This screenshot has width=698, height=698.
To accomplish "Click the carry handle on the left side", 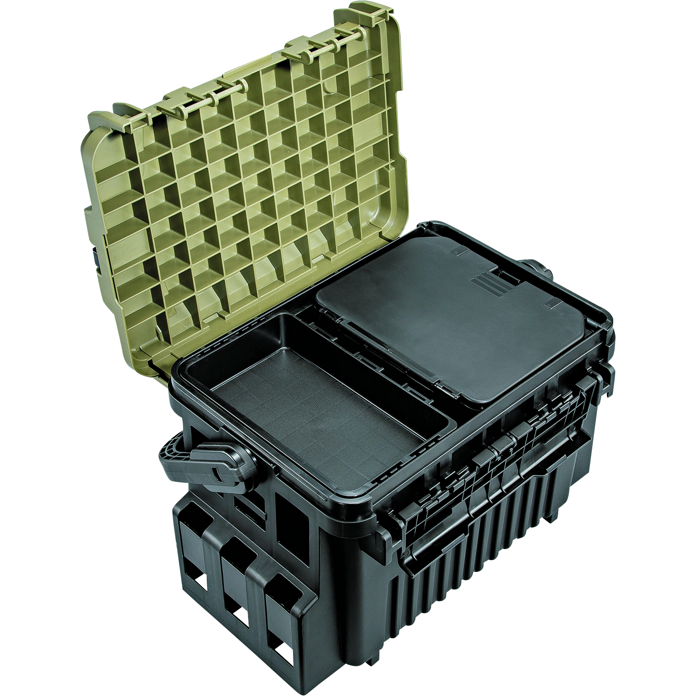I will click(x=204, y=462).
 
